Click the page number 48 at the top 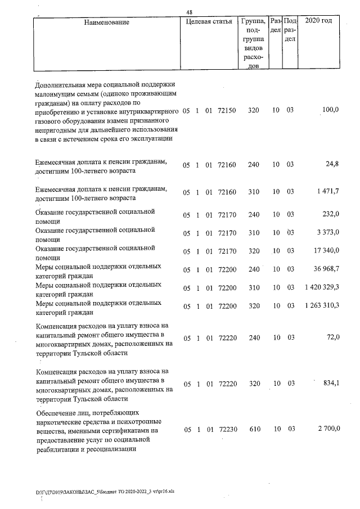190,11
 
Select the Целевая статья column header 209,22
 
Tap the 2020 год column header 318,21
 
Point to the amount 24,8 332,164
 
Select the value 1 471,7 327,192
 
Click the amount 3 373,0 328,232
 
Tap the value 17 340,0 326,251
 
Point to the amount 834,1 331,383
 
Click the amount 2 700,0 328,429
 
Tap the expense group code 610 253,429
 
